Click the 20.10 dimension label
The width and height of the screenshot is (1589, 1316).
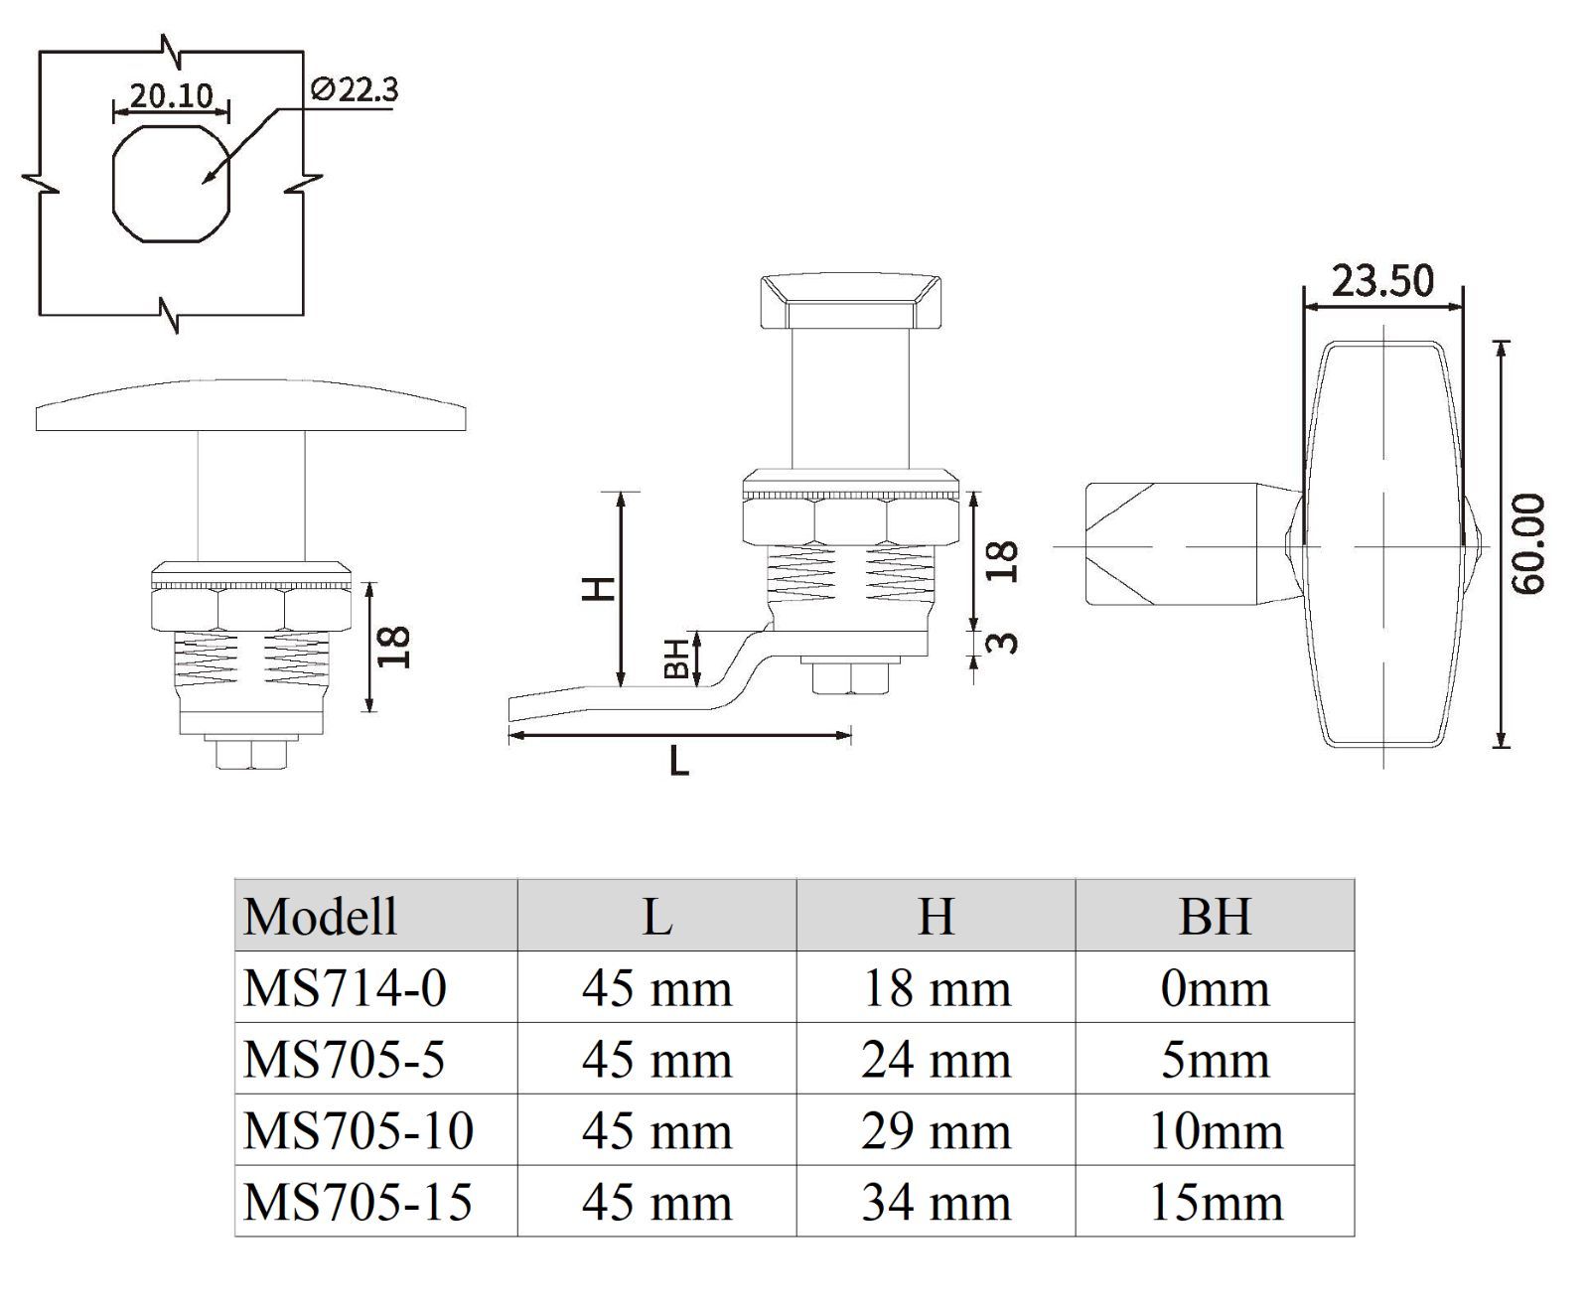(x=171, y=95)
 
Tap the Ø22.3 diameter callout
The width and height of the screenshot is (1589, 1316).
(x=354, y=90)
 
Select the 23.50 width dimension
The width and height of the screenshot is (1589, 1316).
(x=1382, y=281)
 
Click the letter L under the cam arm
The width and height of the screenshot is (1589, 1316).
(x=679, y=762)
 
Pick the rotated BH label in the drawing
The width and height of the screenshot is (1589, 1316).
(x=676, y=658)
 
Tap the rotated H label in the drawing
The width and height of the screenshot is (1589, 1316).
(x=599, y=589)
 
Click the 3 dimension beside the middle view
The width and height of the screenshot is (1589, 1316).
(x=1005, y=642)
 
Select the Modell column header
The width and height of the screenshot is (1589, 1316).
(x=321, y=915)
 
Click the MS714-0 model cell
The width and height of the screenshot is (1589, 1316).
(x=346, y=988)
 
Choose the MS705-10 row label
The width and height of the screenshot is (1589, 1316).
(x=359, y=1130)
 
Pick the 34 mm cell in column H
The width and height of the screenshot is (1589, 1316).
(x=936, y=1202)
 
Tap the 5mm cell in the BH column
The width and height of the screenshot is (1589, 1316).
(x=1215, y=1060)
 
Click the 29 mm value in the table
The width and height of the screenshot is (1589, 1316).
(x=936, y=1130)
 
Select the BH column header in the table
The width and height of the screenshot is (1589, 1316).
(x=1215, y=915)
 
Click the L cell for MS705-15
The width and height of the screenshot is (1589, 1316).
(x=656, y=1202)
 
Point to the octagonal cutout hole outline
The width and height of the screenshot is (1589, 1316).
(x=171, y=182)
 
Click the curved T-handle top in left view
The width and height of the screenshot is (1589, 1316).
(x=250, y=405)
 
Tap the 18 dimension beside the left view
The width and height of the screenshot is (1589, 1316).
(x=394, y=647)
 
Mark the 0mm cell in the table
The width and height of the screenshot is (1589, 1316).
(x=1215, y=988)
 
